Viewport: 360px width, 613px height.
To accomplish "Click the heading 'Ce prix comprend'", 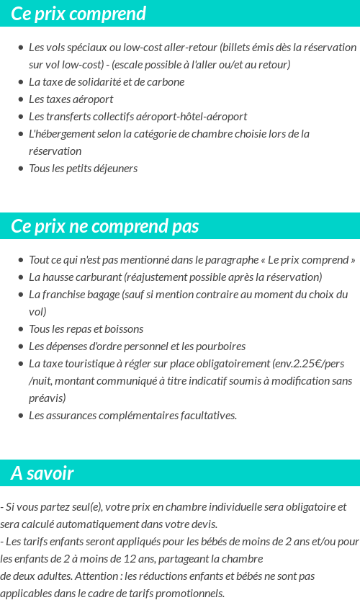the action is tap(78, 14).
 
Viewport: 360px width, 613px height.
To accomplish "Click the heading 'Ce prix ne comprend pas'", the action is tap(104, 226).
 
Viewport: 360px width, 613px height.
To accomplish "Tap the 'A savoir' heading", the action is tap(42, 473).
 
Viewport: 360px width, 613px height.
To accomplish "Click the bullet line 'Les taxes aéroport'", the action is tap(71, 99).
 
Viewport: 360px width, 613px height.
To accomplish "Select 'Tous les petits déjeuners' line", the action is tap(83, 168).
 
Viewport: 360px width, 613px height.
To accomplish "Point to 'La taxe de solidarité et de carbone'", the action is tap(107, 81).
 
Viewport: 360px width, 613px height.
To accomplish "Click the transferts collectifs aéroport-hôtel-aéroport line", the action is tap(138, 116).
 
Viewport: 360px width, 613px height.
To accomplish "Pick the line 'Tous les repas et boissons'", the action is tap(86, 328).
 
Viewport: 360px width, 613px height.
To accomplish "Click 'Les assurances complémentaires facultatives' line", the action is tap(132, 415).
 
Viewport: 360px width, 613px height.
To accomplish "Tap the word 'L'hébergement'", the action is tap(60, 133).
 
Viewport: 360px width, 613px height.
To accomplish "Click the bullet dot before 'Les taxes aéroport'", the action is tap(20, 99).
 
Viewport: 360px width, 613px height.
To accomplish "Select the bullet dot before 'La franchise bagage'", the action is tap(20, 295).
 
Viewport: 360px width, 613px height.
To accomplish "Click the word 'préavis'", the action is tap(47, 398).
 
